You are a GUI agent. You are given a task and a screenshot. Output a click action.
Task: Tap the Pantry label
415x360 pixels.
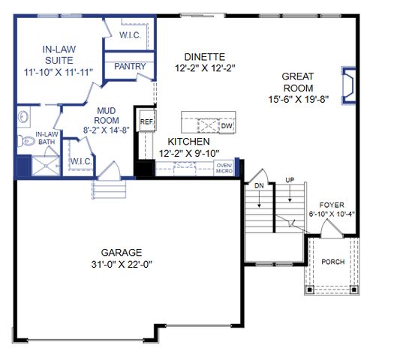(x=130, y=67)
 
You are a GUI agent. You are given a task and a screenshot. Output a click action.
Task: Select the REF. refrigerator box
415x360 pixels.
(x=146, y=121)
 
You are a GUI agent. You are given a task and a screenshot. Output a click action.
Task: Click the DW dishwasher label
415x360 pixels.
(x=226, y=127)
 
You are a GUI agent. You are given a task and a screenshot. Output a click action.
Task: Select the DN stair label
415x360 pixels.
(x=259, y=184)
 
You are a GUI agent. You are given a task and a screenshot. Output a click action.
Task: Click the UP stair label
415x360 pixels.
(x=289, y=180)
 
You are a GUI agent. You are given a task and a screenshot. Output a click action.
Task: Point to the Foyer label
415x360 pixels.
(x=332, y=204)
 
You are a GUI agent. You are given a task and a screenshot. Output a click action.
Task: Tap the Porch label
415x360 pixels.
(x=332, y=262)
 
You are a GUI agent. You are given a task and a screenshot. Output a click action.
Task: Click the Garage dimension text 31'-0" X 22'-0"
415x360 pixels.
(x=122, y=265)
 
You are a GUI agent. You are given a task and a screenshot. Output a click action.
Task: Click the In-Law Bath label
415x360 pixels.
(x=47, y=138)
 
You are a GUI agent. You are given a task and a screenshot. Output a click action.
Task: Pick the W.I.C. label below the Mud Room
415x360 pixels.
(x=81, y=161)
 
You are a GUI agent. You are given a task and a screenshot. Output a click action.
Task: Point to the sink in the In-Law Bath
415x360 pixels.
(x=23, y=117)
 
